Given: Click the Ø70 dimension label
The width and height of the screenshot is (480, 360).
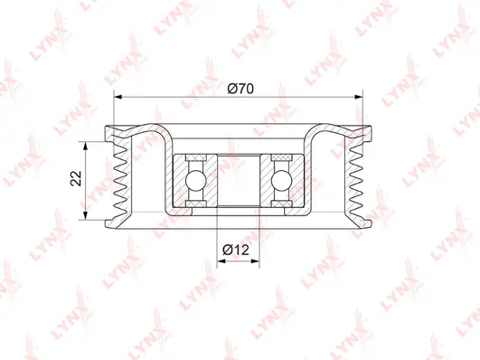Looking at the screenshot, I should point(240,88).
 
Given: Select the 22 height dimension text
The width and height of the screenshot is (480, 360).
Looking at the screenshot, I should point(78,179).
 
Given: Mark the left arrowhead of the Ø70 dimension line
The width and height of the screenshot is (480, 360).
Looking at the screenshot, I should point(113,96).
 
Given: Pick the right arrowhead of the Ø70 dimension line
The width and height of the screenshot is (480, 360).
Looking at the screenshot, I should point(366,96).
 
